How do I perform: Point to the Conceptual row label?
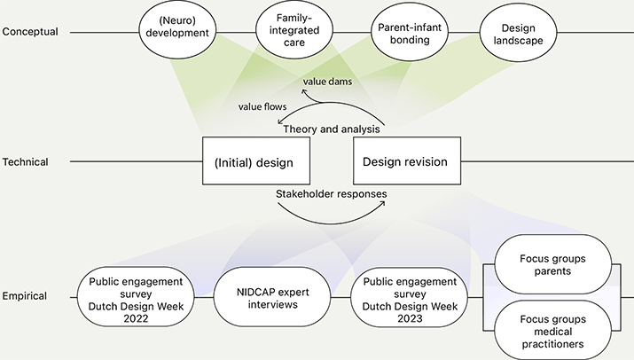pyautogui.click(x=31, y=32)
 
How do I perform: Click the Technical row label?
pyautogui.click(x=26, y=162)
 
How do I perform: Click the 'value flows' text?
pyautogui.click(x=261, y=107)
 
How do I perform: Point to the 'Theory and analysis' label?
pyautogui.click(x=332, y=129)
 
